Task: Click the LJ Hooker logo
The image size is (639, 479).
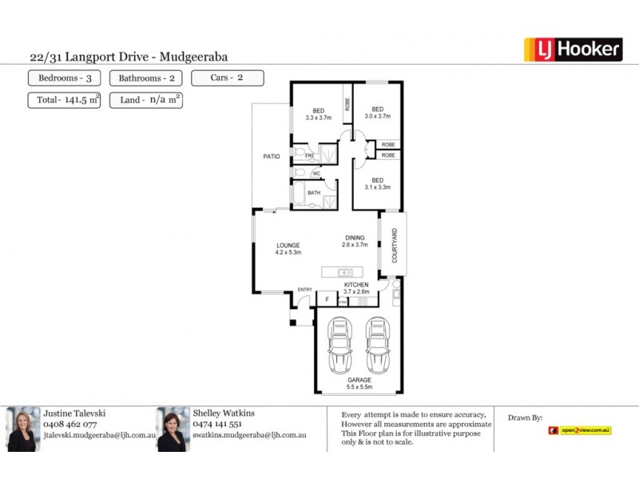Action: tap(572, 50)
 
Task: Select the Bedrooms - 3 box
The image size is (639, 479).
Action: tap(65, 78)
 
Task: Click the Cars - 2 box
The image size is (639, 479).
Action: tap(228, 78)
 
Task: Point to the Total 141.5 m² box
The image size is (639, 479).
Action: tap(64, 101)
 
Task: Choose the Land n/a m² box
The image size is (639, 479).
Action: tap(146, 101)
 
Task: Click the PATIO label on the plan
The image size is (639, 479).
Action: tap(272, 156)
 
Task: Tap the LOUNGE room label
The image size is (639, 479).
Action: tap(288, 248)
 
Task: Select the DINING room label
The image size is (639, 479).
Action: tap(355, 241)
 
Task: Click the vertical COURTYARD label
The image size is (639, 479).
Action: tap(394, 246)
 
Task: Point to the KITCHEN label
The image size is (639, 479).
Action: tap(356, 288)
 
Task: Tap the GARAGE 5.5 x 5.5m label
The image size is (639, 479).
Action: tap(359, 383)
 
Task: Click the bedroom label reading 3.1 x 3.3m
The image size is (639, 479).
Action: tap(376, 184)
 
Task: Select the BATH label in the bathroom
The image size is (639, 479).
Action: tap(314, 193)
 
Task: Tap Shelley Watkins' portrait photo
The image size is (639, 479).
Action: tap(173, 430)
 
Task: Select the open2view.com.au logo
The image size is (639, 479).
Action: tap(580, 430)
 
